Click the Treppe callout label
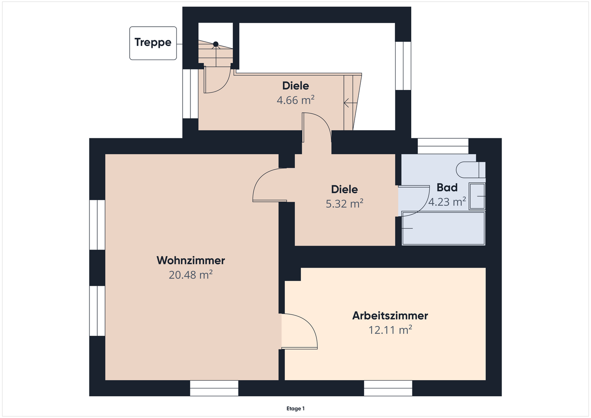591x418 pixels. [x=153, y=42]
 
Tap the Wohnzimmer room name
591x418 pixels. [x=191, y=260]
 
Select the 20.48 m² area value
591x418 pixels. [x=191, y=275]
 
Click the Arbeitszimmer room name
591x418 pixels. [x=390, y=316]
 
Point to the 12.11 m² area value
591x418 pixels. [x=390, y=330]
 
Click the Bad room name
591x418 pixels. [x=447, y=187]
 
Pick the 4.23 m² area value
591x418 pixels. [x=447, y=202]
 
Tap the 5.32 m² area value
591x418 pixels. [x=345, y=204]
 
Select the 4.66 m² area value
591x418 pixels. [x=295, y=100]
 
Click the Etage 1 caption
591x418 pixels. [x=295, y=409]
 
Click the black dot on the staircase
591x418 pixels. [x=216, y=44]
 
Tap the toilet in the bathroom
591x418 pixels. [x=471, y=170]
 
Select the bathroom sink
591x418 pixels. [x=477, y=196]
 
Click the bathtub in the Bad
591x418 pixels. [x=443, y=228]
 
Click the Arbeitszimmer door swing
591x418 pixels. [x=300, y=331]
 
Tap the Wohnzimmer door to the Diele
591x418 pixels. [x=270, y=185]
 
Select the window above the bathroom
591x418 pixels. [x=443, y=146]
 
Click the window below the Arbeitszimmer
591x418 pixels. [x=388, y=388]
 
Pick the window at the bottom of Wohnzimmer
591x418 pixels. [x=214, y=388]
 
